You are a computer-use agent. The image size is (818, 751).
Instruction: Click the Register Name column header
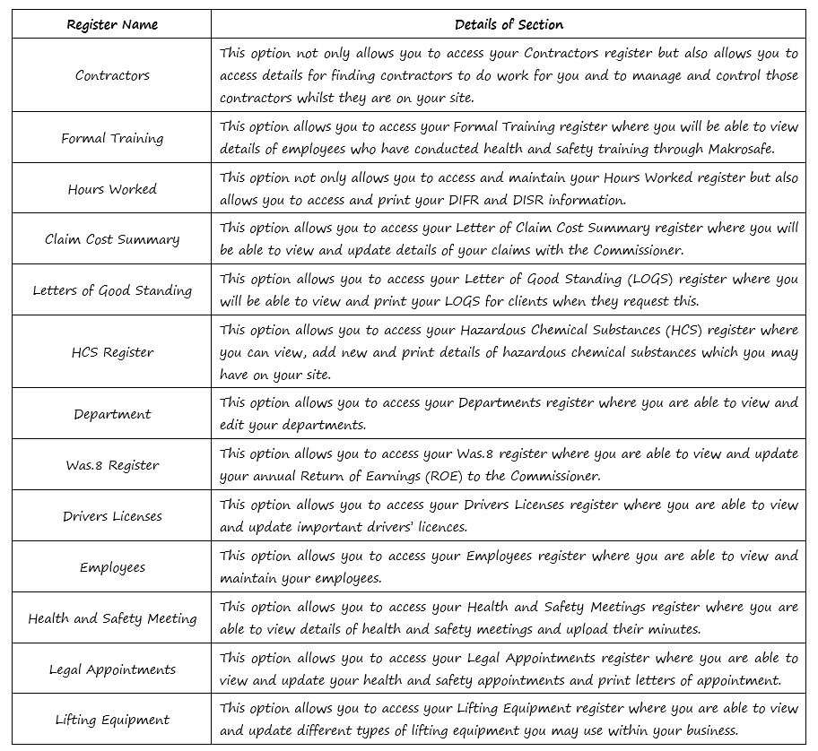click(x=112, y=24)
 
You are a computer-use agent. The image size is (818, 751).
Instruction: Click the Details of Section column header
click(x=509, y=24)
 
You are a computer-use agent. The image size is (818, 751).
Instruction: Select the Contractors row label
click(x=112, y=75)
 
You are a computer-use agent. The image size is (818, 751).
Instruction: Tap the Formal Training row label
click(x=112, y=138)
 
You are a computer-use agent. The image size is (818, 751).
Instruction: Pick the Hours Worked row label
click(x=112, y=189)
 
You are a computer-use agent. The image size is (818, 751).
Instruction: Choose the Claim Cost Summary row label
click(x=112, y=239)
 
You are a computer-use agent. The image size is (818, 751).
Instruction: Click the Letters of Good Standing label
click(x=112, y=290)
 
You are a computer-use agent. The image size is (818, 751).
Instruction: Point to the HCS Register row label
click(x=112, y=352)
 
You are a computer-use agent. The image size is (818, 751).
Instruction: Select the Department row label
click(x=112, y=414)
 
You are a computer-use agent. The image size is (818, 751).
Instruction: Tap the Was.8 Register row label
click(x=112, y=465)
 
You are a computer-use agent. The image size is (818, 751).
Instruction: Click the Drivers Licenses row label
click(x=112, y=516)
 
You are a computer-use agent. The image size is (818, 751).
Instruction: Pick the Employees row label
click(x=112, y=567)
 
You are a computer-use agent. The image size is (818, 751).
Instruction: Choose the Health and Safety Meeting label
click(x=112, y=618)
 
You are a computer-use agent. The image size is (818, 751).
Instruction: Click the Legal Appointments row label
click(x=112, y=669)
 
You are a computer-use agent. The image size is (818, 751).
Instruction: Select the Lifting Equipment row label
click(x=112, y=720)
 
